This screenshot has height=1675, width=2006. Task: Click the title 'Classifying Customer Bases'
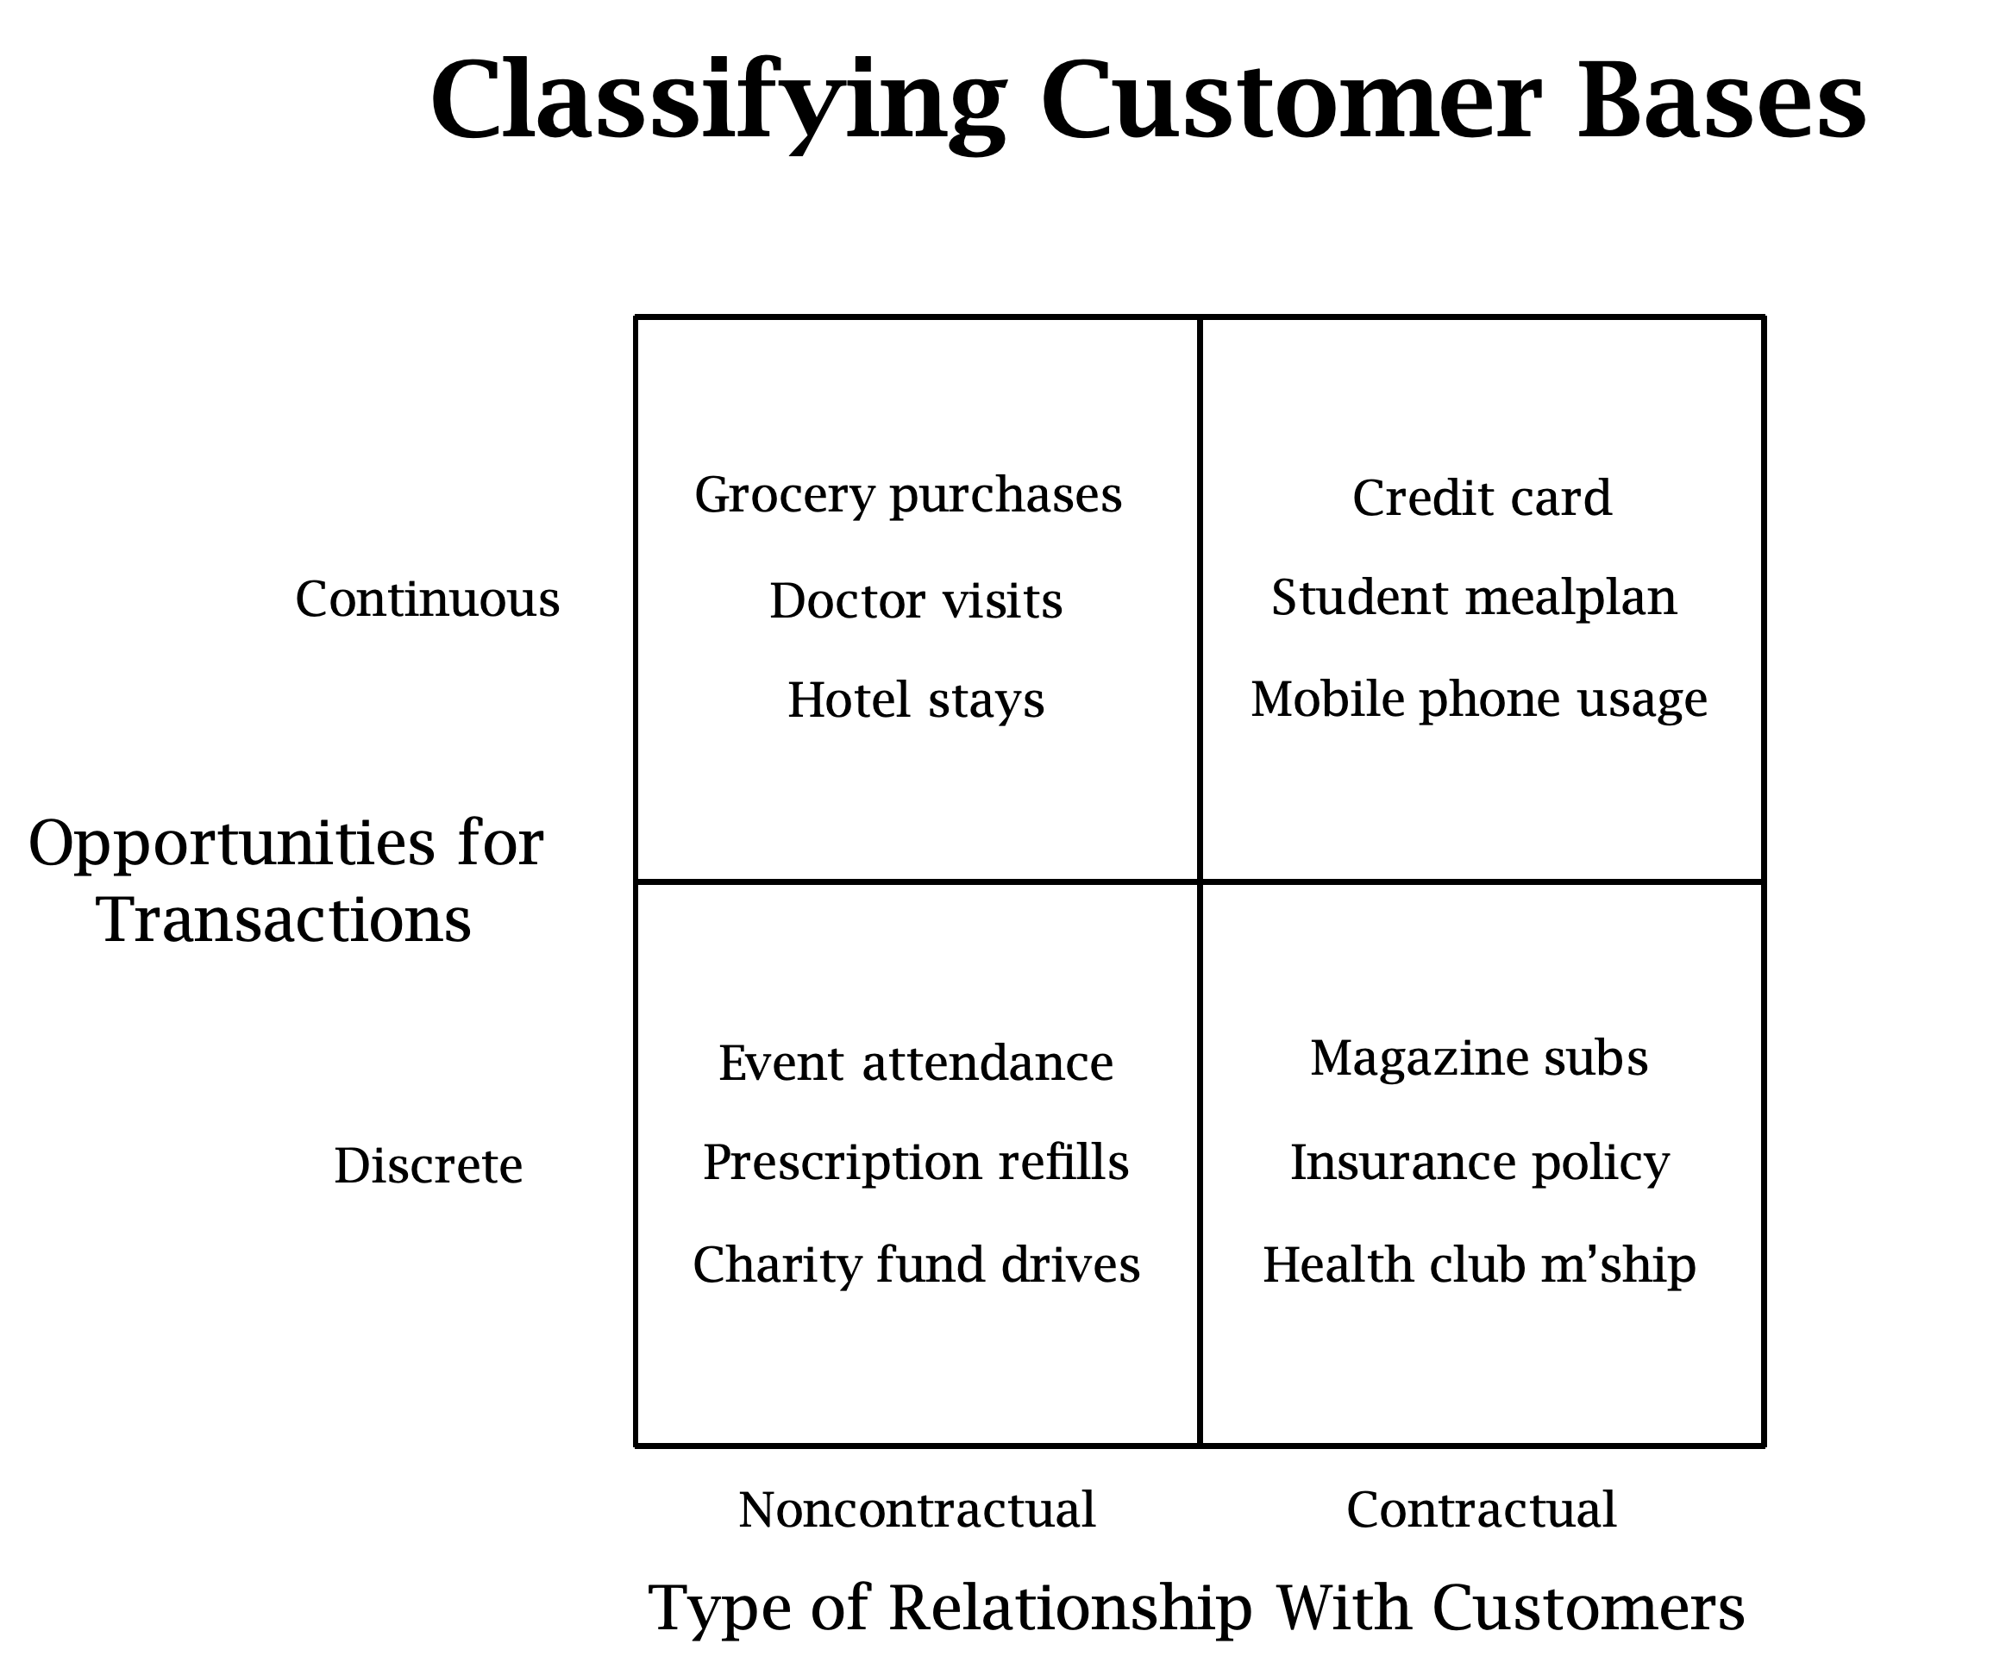click(1147, 100)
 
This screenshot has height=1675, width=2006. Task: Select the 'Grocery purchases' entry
click(908, 495)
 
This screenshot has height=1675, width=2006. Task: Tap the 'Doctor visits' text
click(916, 601)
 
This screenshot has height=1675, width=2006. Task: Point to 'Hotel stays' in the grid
click(916, 699)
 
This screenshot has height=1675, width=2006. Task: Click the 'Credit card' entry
click(1482, 498)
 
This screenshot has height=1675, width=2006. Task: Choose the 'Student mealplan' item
click(1474, 597)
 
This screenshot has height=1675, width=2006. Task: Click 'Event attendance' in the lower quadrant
click(916, 1063)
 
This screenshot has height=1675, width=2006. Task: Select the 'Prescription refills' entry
click(916, 1163)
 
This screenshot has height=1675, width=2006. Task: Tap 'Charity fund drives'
click(916, 1265)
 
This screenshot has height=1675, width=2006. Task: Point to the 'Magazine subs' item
click(1479, 1057)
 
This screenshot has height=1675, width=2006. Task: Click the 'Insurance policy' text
click(1480, 1163)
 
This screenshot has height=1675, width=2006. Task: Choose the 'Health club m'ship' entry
click(1479, 1265)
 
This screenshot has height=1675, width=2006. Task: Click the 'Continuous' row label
click(427, 599)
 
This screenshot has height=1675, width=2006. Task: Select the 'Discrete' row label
click(428, 1166)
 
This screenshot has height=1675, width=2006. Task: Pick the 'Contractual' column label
click(1482, 1509)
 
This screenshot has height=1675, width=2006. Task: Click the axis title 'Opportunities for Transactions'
click(285, 881)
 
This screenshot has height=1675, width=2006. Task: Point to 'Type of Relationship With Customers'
click(1196, 1607)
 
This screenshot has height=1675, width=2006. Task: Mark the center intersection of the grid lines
click(1200, 881)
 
